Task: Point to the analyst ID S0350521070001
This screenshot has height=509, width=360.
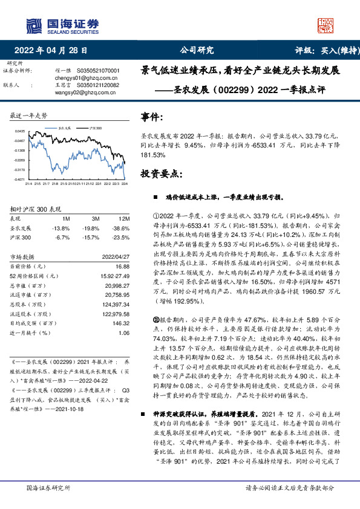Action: coord(99,71)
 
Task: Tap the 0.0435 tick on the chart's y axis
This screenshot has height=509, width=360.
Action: coord(21,131)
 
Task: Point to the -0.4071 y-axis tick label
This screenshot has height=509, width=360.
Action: coord(21,180)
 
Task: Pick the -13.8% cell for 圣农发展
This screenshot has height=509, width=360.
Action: coord(62,229)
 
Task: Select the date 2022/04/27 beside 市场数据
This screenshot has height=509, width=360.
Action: coord(116,257)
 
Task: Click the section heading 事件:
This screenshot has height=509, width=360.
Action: coord(151,117)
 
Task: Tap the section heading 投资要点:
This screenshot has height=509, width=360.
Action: coord(161,174)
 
